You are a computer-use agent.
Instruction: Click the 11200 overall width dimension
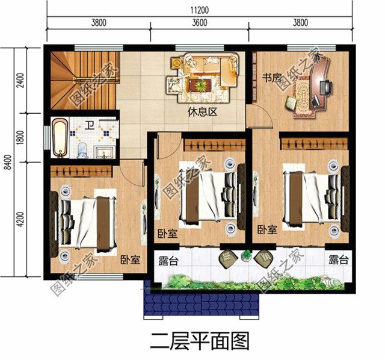click(x=199, y=8)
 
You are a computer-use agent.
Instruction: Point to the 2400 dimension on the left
click(x=21, y=79)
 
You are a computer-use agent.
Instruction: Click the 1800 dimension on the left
click(x=21, y=137)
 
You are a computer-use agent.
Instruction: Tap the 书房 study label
click(x=272, y=78)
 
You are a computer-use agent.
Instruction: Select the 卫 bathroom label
click(x=89, y=126)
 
